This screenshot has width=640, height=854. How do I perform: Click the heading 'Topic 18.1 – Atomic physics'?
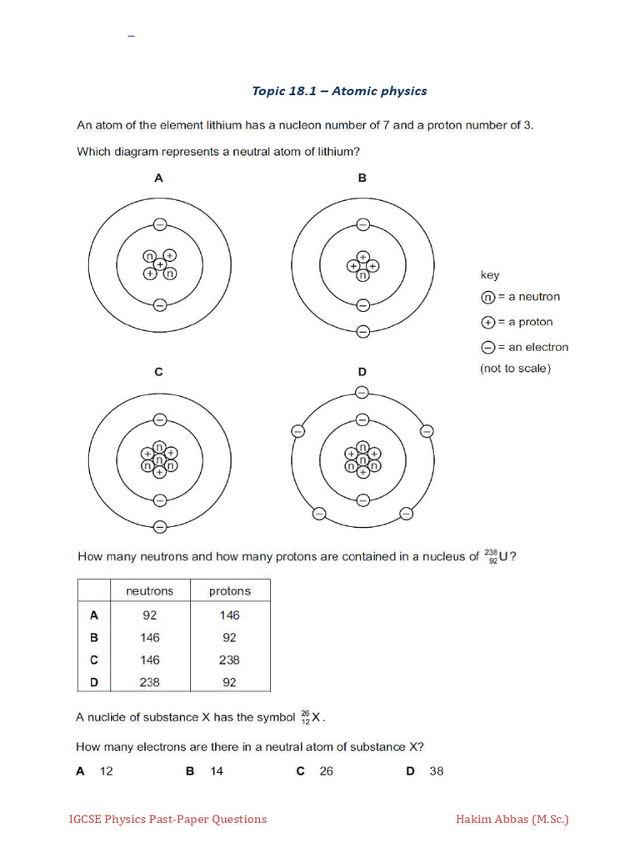click(x=339, y=91)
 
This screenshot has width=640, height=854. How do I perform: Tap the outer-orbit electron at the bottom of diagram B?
click(x=362, y=331)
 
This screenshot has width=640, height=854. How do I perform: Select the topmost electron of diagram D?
click(x=362, y=392)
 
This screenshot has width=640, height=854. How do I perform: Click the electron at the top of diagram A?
click(x=159, y=224)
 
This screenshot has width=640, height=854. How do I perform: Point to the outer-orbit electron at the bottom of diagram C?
click(x=159, y=526)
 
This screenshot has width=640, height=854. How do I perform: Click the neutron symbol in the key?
click(x=488, y=297)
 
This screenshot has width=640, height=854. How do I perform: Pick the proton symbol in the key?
click(x=488, y=322)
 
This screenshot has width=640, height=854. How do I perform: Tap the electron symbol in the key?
click(x=488, y=347)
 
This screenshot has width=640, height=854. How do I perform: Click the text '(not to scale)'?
click(x=515, y=369)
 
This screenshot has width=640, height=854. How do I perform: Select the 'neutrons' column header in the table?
click(x=149, y=591)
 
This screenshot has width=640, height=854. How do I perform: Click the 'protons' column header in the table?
click(x=229, y=591)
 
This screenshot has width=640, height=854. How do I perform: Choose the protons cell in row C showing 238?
click(x=229, y=660)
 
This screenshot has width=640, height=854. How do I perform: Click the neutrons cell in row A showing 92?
click(x=149, y=615)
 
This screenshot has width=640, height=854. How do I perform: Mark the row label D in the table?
click(x=94, y=681)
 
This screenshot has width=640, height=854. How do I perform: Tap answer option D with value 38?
click(x=425, y=771)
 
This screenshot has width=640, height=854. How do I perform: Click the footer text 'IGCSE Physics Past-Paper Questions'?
click(x=167, y=819)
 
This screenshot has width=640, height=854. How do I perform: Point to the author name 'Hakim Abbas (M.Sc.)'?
click(x=512, y=819)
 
